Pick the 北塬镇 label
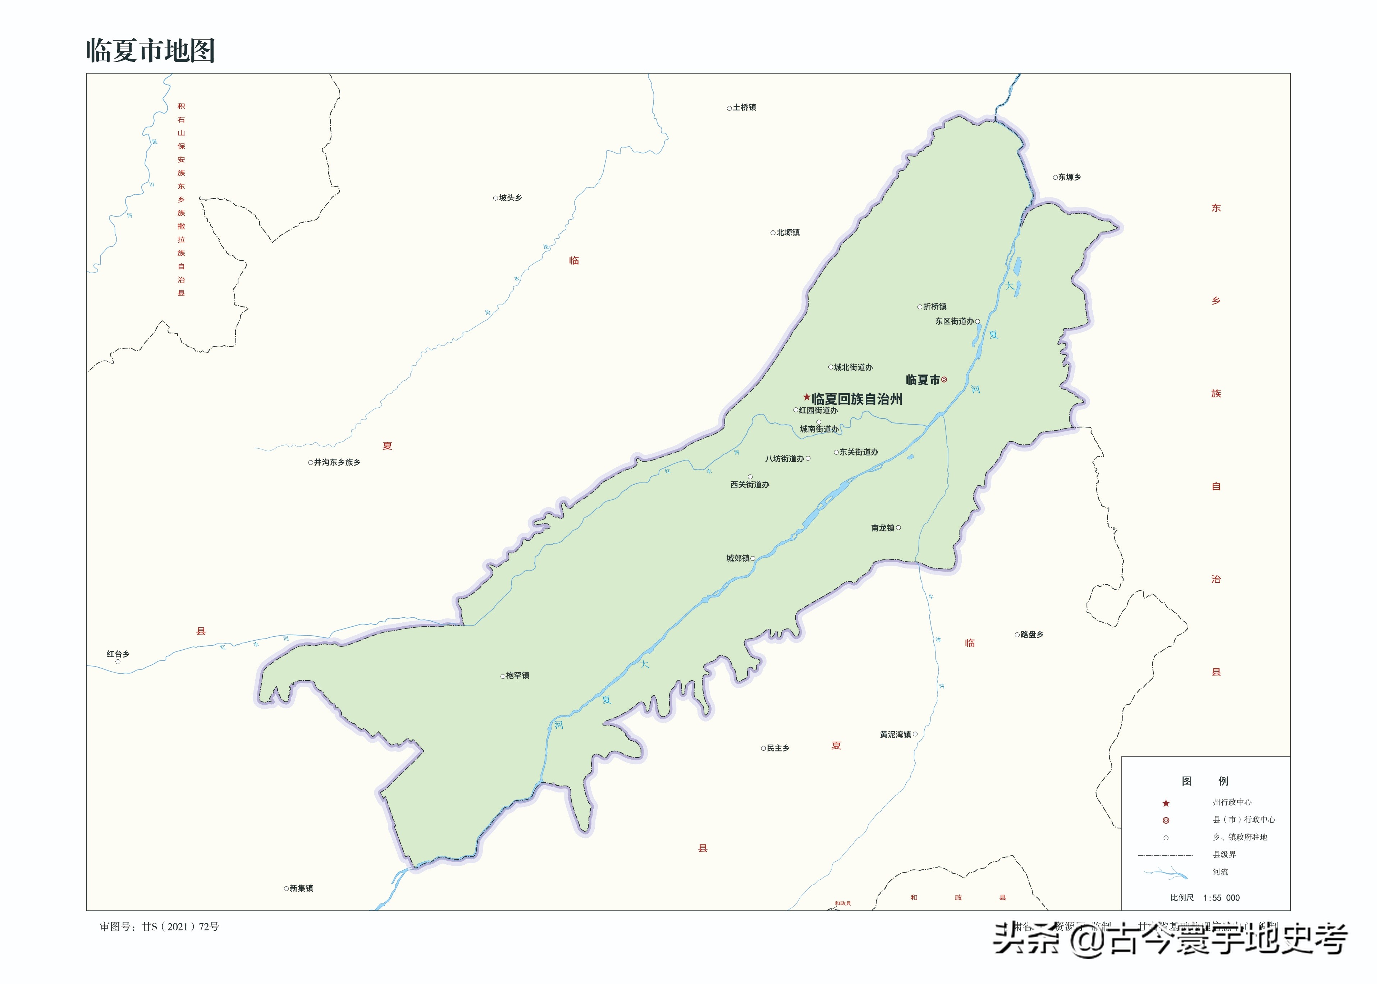click(787, 233)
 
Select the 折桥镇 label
click(935, 307)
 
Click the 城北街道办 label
click(853, 367)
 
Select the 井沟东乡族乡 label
click(337, 462)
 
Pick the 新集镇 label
click(301, 889)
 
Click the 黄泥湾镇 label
click(895, 734)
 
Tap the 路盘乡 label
click(1032, 635)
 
